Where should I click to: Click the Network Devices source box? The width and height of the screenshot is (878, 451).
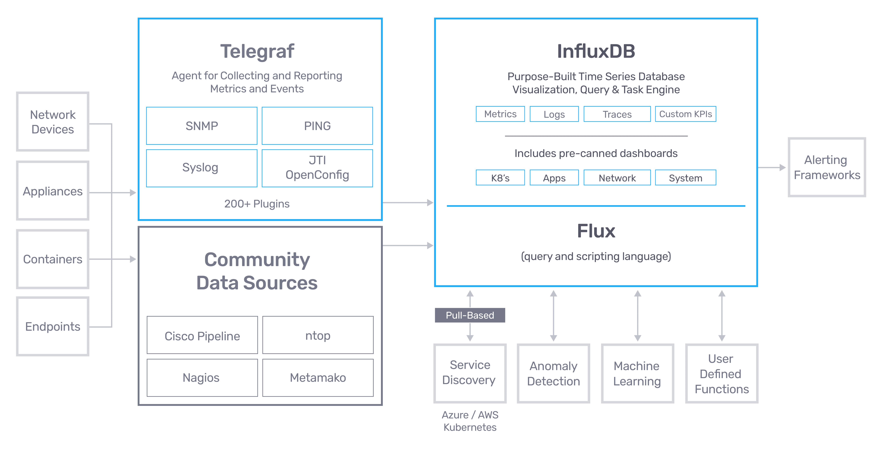53,122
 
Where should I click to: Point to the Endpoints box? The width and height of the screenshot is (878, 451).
53,326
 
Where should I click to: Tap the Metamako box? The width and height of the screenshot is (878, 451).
318,378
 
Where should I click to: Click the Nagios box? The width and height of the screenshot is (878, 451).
202,378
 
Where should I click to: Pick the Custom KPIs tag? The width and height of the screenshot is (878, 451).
685,114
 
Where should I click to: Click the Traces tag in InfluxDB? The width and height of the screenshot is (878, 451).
617,114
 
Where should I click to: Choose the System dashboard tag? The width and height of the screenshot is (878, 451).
685,178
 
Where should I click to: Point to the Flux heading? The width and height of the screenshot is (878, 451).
596,231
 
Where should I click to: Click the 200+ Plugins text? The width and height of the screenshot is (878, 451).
257,204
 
